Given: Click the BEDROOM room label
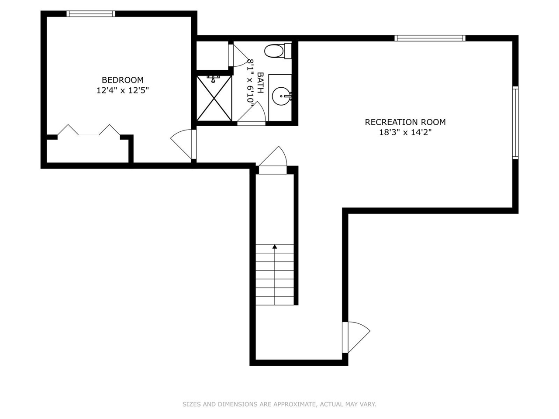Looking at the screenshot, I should pyautogui.click(x=122, y=80).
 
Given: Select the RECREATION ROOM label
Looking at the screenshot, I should pyautogui.click(x=405, y=122).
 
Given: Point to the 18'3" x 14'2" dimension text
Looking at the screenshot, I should pyautogui.click(x=405, y=133).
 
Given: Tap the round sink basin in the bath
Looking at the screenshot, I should pyautogui.click(x=280, y=95).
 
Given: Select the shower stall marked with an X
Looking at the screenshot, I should pyautogui.click(x=214, y=98).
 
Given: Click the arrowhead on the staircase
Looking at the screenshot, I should pyautogui.click(x=275, y=247).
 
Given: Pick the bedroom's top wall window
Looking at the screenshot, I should pyautogui.click(x=91, y=14).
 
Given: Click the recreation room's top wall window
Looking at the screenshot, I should pyautogui.click(x=430, y=38).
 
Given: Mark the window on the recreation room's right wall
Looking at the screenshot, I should pyautogui.click(x=515, y=122).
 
